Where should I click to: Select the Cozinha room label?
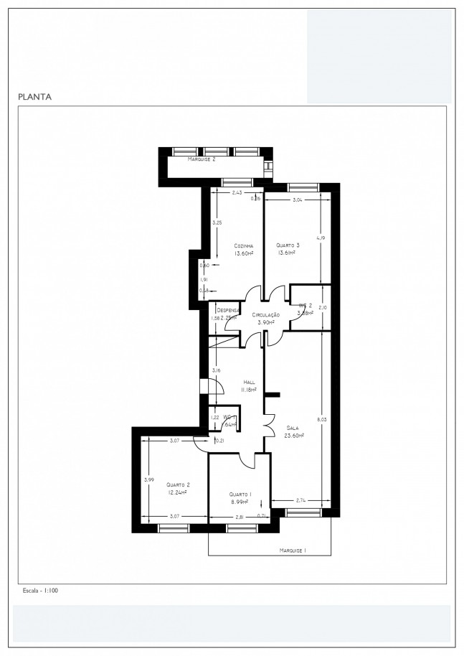[x=243, y=245]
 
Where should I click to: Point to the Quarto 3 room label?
[x=288, y=245]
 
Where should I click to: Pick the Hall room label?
[x=249, y=383]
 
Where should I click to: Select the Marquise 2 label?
[x=202, y=159]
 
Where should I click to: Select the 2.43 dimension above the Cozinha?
[x=237, y=192]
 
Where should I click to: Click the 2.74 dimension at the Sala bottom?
[x=300, y=500]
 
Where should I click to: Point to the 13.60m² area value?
[x=243, y=253]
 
